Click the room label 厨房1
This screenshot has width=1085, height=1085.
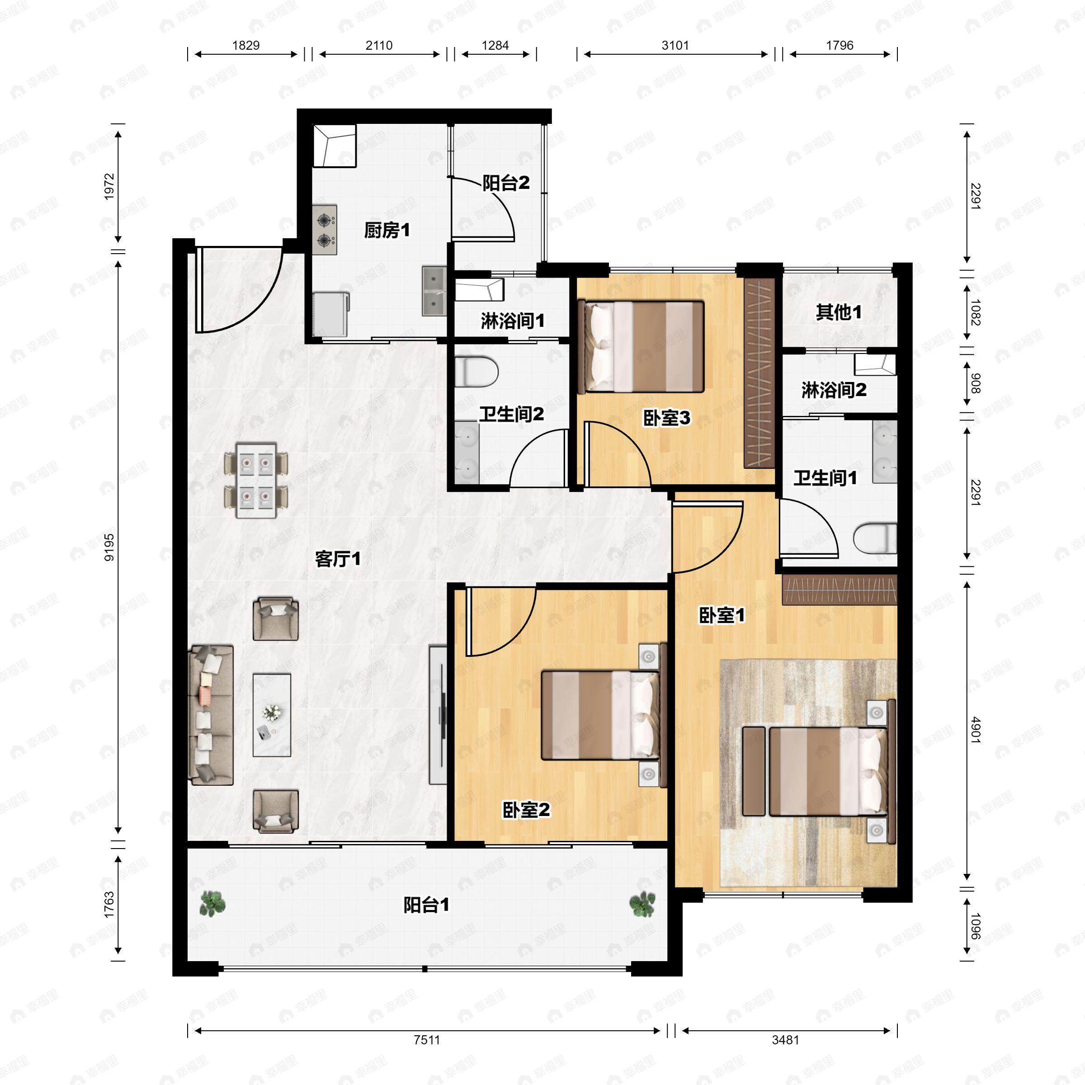tap(387, 230)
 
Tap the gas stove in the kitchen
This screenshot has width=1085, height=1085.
tap(325, 230)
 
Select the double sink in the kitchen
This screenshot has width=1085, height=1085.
tap(434, 290)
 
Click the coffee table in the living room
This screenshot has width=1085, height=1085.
tap(272, 715)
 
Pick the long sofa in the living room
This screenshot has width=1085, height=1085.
tap(211, 715)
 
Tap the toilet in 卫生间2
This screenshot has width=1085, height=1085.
tap(476, 372)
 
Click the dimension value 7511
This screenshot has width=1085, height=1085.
tap(427, 1039)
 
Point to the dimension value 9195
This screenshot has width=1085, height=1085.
tap(109, 547)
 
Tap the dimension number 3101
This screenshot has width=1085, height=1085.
tap(675, 46)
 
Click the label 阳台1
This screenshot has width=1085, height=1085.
tap(427, 905)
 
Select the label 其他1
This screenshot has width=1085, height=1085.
tap(839, 312)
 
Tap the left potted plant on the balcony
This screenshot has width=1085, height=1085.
tap(213, 904)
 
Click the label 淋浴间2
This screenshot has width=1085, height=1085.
tap(834, 390)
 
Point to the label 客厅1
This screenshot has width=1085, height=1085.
tap(338, 559)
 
